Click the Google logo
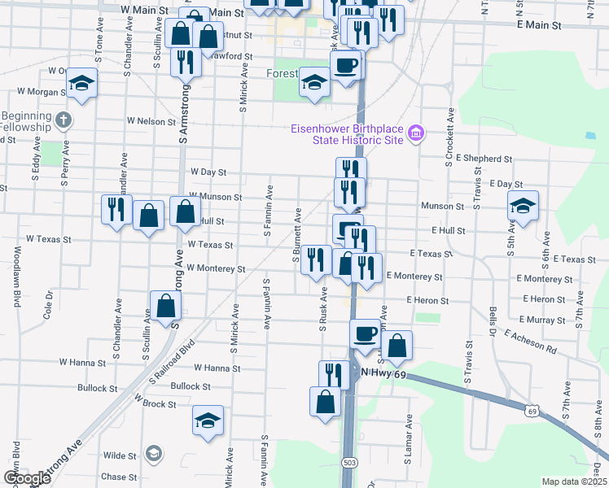coord(27,478)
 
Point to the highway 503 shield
coord(349,461)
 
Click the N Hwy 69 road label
coord(383,372)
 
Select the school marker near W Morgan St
coord(81,83)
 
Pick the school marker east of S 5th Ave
coord(523,207)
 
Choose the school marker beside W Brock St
coord(208,420)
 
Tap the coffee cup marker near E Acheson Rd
coord(365,332)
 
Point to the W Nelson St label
coord(151,121)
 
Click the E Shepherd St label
coord(484,159)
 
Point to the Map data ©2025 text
coord(574,481)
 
